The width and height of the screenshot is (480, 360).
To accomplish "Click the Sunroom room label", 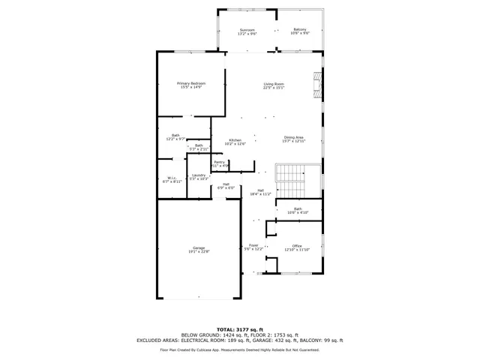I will click(247, 32).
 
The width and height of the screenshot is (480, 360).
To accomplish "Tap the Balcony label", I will click(300, 32).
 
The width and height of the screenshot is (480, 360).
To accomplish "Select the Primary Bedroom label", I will click(191, 85).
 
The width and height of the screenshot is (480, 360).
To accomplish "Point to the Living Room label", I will click(273, 85).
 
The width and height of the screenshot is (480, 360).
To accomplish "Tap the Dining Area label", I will click(293, 139).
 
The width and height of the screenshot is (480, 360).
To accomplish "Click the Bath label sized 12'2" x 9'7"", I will click(175, 137).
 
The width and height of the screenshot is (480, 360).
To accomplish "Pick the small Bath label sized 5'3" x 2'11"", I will click(199, 148).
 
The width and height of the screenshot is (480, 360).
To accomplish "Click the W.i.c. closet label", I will click(172, 179).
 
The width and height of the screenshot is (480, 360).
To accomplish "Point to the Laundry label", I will click(198, 177).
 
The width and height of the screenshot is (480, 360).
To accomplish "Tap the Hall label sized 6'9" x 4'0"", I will click(226, 186).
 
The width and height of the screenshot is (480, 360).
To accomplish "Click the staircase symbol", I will click(291, 178).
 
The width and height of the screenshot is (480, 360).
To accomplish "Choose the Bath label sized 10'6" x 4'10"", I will click(298, 211).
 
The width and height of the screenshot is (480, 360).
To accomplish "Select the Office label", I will click(297, 247).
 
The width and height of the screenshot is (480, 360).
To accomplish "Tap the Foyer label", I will click(254, 247).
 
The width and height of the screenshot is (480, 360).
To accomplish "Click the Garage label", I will click(199, 250).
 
